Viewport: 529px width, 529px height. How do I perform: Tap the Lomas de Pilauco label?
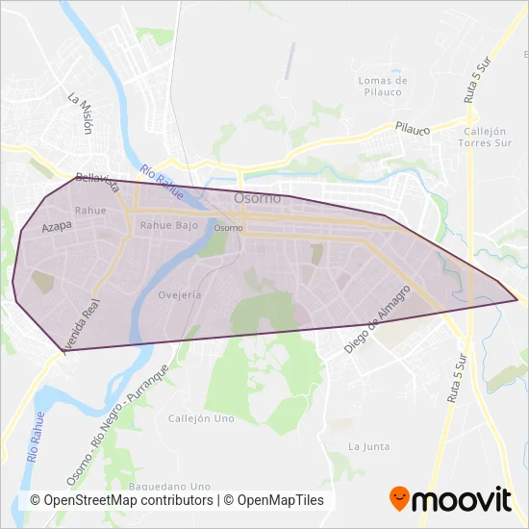383,87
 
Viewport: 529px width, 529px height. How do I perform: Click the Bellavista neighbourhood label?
96,181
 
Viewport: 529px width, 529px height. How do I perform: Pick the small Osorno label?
228,228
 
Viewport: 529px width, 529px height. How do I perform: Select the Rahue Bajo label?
169,225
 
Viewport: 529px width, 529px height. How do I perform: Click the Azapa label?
58,228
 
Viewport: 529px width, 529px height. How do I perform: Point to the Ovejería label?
180,295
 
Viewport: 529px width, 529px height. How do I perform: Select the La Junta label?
368,446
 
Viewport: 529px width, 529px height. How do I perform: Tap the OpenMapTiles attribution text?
280,500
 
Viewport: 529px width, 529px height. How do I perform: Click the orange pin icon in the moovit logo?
399,498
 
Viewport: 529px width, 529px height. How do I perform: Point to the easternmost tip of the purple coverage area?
517,300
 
